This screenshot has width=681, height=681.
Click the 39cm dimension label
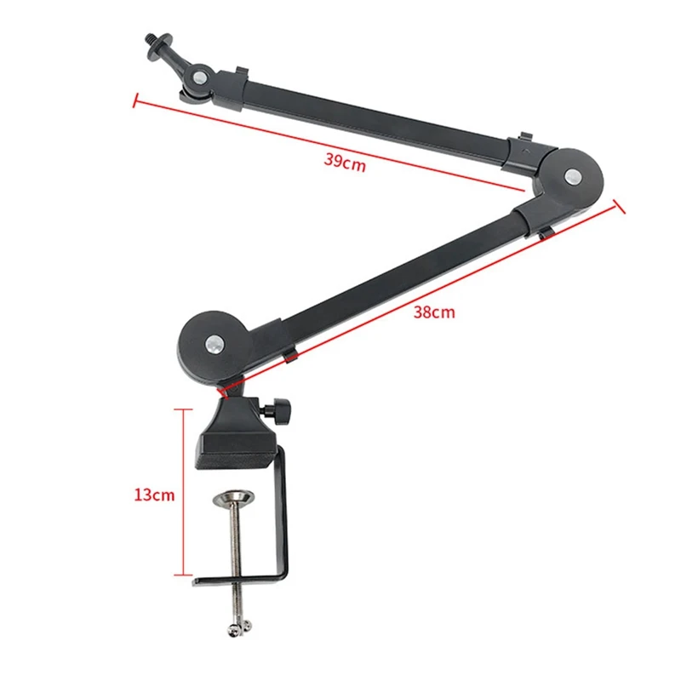click(x=345, y=161)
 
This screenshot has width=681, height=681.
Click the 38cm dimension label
click(x=434, y=312)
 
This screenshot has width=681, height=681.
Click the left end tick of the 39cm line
click(x=134, y=100)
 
